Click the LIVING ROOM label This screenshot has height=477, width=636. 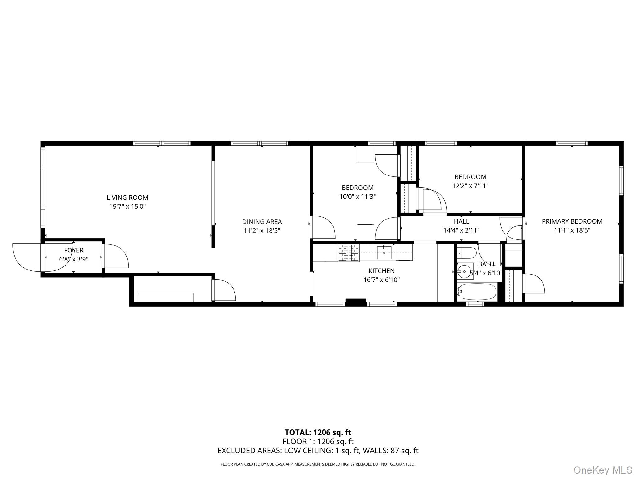click(x=127, y=198)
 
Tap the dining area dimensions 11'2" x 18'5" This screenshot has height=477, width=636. click(x=262, y=231)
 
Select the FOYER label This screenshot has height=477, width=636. click(x=74, y=250)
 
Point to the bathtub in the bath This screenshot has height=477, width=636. click(x=477, y=292)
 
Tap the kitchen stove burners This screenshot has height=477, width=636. click(x=348, y=253)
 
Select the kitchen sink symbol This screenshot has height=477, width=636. click(x=384, y=252)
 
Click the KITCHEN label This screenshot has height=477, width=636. click(x=381, y=271)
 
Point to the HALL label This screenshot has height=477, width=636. click(x=461, y=221)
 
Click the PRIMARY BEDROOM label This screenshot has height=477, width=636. click(x=572, y=221)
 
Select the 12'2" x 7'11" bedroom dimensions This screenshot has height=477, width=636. click(x=470, y=186)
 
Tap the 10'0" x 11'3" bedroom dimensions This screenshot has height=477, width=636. click(x=357, y=197)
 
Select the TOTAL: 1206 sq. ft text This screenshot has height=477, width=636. click(x=318, y=432)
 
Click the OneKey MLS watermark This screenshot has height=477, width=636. click(x=603, y=470)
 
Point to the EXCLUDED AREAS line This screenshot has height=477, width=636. click(x=318, y=451)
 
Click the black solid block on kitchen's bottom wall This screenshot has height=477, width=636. click(x=356, y=302)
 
